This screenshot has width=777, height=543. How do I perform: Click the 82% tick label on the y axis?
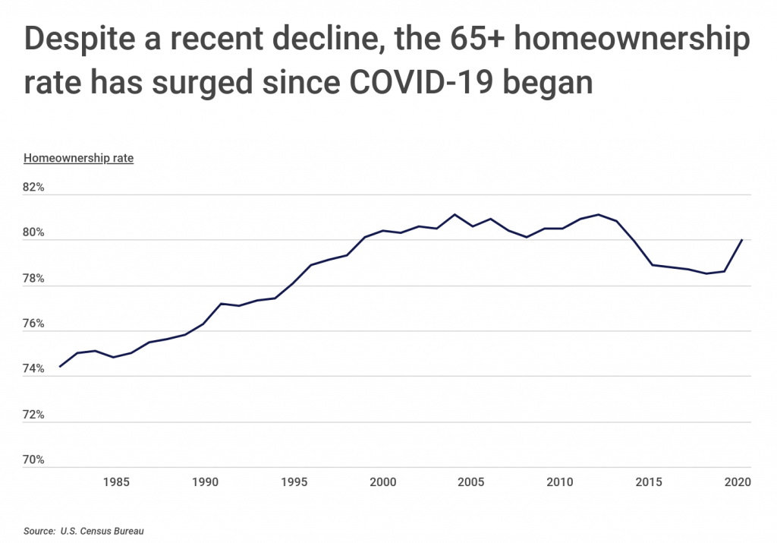click(x=35, y=187)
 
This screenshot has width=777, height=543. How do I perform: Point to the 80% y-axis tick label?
click(x=35, y=232)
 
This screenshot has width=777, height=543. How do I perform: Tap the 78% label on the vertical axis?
click(x=35, y=278)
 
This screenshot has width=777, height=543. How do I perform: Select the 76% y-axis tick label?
click(x=35, y=324)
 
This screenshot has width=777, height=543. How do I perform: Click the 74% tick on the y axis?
click(x=35, y=369)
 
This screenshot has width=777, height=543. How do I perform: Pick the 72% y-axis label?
click(x=35, y=415)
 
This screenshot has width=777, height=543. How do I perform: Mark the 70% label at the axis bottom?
click(x=35, y=460)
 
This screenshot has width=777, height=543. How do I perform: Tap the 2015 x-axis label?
click(x=650, y=481)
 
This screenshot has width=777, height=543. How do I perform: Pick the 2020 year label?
click(x=738, y=481)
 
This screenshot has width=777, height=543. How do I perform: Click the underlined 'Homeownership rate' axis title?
click(x=79, y=159)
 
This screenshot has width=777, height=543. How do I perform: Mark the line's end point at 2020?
click(x=741, y=240)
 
